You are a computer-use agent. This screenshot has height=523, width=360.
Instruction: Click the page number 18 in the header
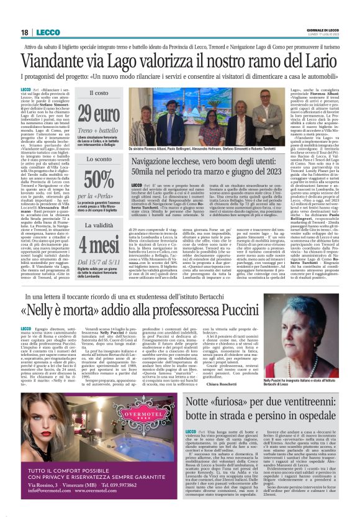pos(25,32)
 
